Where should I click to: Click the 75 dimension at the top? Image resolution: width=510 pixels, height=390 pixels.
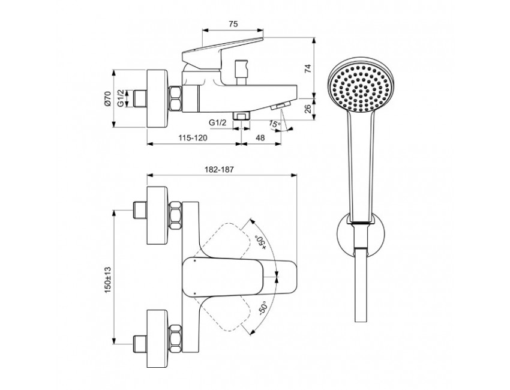click(x=234, y=23)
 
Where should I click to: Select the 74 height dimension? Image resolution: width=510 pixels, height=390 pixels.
click(x=308, y=68)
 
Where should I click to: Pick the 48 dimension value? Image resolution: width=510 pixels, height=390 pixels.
click(x=260, y=138)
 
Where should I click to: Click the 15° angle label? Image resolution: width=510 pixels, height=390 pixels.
click(x=274, y=124)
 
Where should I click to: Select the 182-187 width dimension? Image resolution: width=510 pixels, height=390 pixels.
click(x=222, y=170)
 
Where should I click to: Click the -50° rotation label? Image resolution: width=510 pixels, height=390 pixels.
click(x=262, y=310)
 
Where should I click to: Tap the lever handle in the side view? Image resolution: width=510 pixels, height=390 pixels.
click(x=222, y=52)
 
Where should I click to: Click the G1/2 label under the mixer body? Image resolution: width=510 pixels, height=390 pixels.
click(x=218, y=123)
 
